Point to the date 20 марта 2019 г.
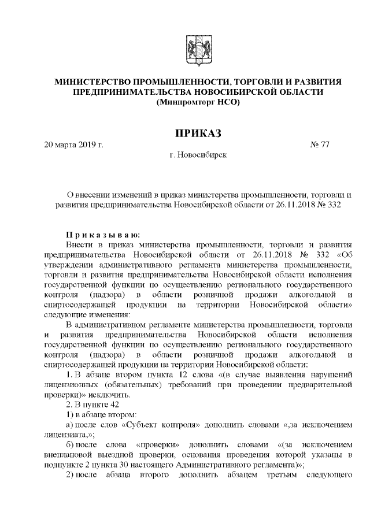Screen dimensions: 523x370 74,144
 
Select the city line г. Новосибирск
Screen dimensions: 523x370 198,155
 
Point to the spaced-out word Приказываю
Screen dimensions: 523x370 102,235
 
